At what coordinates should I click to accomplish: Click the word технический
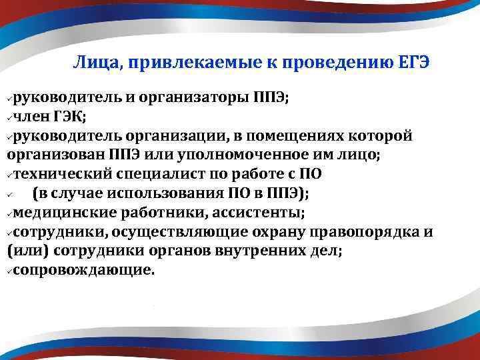[61, 175]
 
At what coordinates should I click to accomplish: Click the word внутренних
[251, 252]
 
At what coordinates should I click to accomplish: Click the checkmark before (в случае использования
[10, 195]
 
